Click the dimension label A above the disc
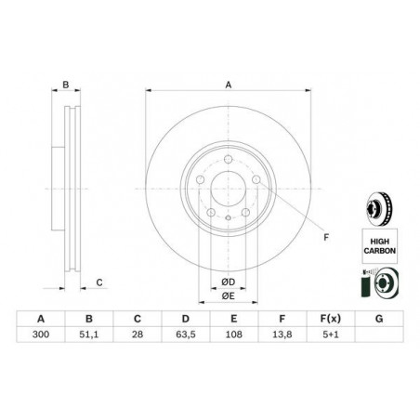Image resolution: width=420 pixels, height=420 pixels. (227, 85)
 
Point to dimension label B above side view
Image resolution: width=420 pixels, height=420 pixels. (66, 85)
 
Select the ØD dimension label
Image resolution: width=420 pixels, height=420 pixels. (228, 282)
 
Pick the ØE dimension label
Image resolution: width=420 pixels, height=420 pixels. (228, 296)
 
